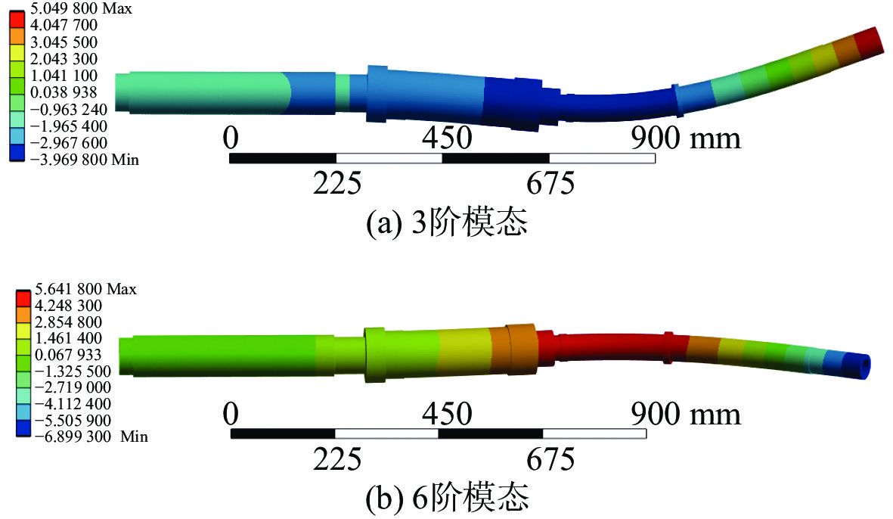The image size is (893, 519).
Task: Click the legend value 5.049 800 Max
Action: point(81,8)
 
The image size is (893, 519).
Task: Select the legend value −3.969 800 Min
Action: point(84,160)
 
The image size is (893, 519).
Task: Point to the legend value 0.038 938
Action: point(64,92)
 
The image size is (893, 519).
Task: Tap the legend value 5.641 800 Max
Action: point(85,290)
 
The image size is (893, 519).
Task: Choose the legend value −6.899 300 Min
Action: point(91,437)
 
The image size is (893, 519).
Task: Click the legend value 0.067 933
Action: point(68,355)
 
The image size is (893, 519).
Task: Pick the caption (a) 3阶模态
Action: point(446,222)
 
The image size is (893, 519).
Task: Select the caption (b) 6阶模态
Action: point(446,497)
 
